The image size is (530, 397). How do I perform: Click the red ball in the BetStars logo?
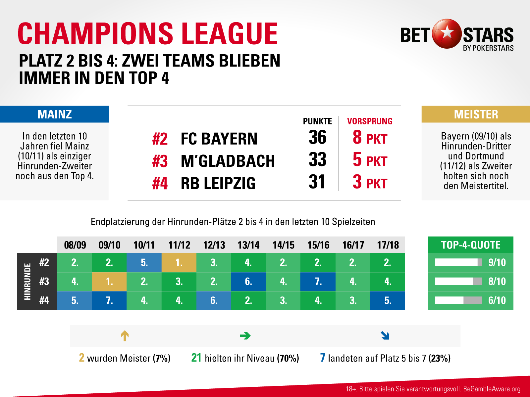tap(447, 33)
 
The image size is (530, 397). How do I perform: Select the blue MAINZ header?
tap(55, 114)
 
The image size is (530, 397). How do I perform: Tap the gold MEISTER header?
tap(476, 114)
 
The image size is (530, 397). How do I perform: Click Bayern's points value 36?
tap(317, 137)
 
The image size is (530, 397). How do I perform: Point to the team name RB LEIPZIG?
tap(218, 183)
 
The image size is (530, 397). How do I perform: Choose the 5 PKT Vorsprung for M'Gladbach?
tap(370, 160)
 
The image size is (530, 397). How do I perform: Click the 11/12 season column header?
tap(179, 245)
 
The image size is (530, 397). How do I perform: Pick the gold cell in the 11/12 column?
tap(179, 263)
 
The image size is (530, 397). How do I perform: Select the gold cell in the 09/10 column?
tap(109, 282)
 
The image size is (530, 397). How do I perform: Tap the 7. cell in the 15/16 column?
tap(318, 282)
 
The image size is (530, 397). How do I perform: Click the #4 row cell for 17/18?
tap(388, 300)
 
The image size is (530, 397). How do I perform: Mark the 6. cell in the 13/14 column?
tap(248, 282)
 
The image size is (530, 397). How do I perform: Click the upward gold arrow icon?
tap(125, 336)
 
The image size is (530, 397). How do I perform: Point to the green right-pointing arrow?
tap(245, 336)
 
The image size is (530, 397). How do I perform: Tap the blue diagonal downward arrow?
tap(385, 336)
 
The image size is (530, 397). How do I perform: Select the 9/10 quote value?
tap(497, 263)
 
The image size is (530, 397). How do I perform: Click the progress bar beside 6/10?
tap(458, 300)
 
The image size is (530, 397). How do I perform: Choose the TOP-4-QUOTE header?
tap(471, 245)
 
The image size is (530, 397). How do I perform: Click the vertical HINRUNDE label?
tap(27, 282)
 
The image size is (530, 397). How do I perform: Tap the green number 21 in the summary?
tap(196, 358)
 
